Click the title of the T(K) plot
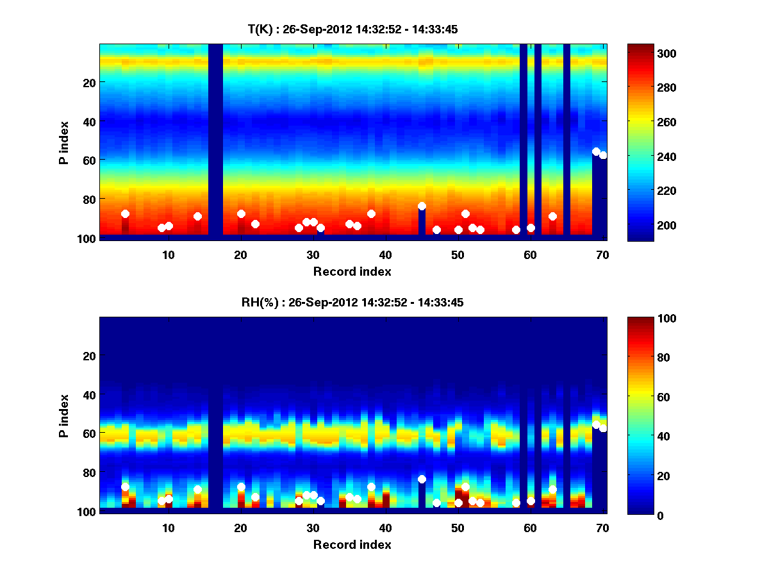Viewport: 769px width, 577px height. tap(352, 29)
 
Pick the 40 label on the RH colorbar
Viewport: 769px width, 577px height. tap(641, 436)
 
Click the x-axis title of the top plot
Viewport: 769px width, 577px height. tap(352, 271)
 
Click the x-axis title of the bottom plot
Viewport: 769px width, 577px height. tap(352, 544)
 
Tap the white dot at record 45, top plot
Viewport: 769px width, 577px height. tap(422, 206)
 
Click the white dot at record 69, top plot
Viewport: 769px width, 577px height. tap(596, 151)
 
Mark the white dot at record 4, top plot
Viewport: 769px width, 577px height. tap(125, 213)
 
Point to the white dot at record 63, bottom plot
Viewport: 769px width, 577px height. tap(552, 489)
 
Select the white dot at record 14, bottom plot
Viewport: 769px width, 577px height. tap(197, 489)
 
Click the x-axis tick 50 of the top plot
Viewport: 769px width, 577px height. tap(458, 255)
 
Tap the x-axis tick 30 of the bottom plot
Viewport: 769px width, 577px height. tap(313, 528)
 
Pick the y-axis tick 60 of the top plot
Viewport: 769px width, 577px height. tap(89, 160)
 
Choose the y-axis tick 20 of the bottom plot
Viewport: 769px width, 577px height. tap(89, 356)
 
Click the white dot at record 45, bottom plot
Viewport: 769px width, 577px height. tap(422, 480)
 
